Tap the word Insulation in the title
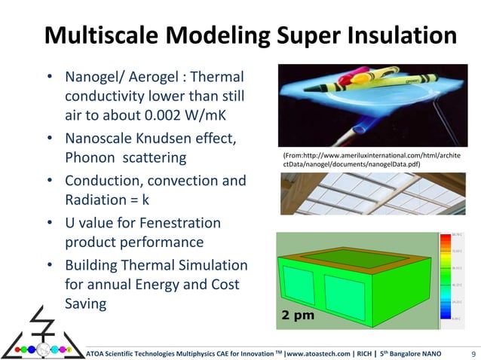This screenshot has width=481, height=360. [x=384, y=35]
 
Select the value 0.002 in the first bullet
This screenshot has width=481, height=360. [x=170, y=117]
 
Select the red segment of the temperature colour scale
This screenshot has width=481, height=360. [x=445, y=242]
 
